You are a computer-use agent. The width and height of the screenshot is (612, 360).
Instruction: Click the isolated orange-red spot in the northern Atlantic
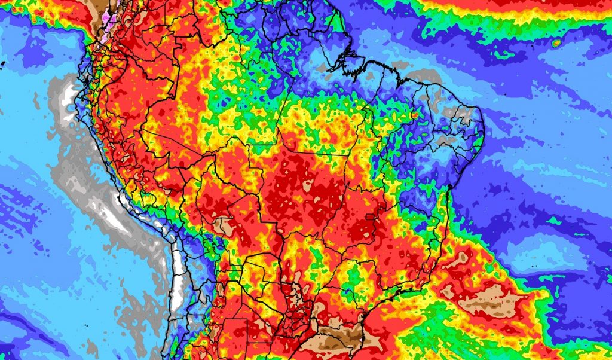point(556,43)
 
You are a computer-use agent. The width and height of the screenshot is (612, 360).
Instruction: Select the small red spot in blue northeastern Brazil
point(414,114)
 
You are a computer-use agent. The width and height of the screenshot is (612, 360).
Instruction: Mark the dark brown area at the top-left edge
point(96,7)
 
